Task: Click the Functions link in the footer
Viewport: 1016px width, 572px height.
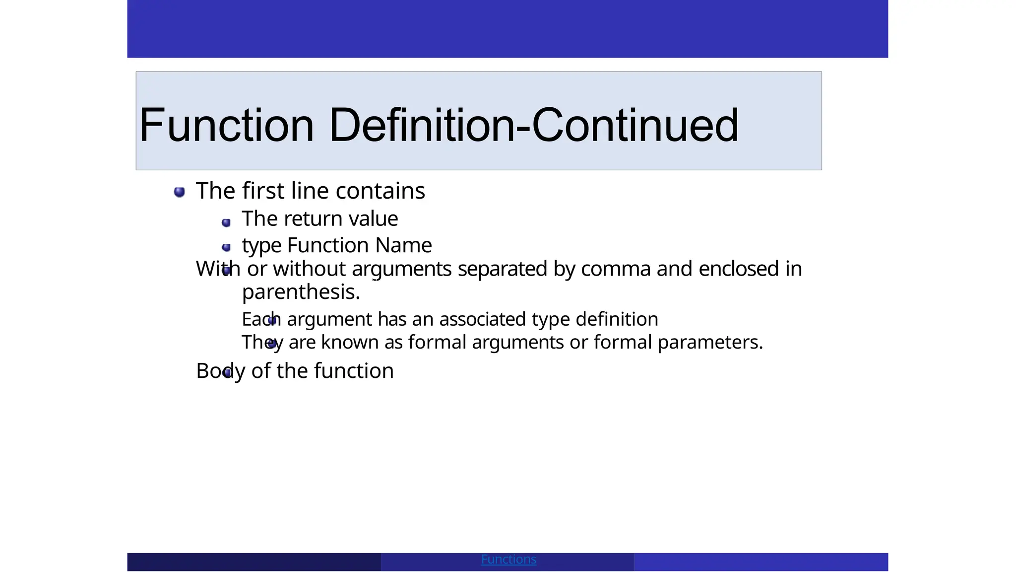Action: tap(508, 560)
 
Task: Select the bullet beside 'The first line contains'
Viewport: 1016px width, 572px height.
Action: tap(180, 192)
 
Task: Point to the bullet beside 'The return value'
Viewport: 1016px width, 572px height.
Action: tap(226, 222)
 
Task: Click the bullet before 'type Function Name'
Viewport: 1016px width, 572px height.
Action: tap(226, 247)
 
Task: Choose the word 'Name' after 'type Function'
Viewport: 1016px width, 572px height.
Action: tap(403, 245)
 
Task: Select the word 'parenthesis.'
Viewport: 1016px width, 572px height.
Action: tap(301, 292)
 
